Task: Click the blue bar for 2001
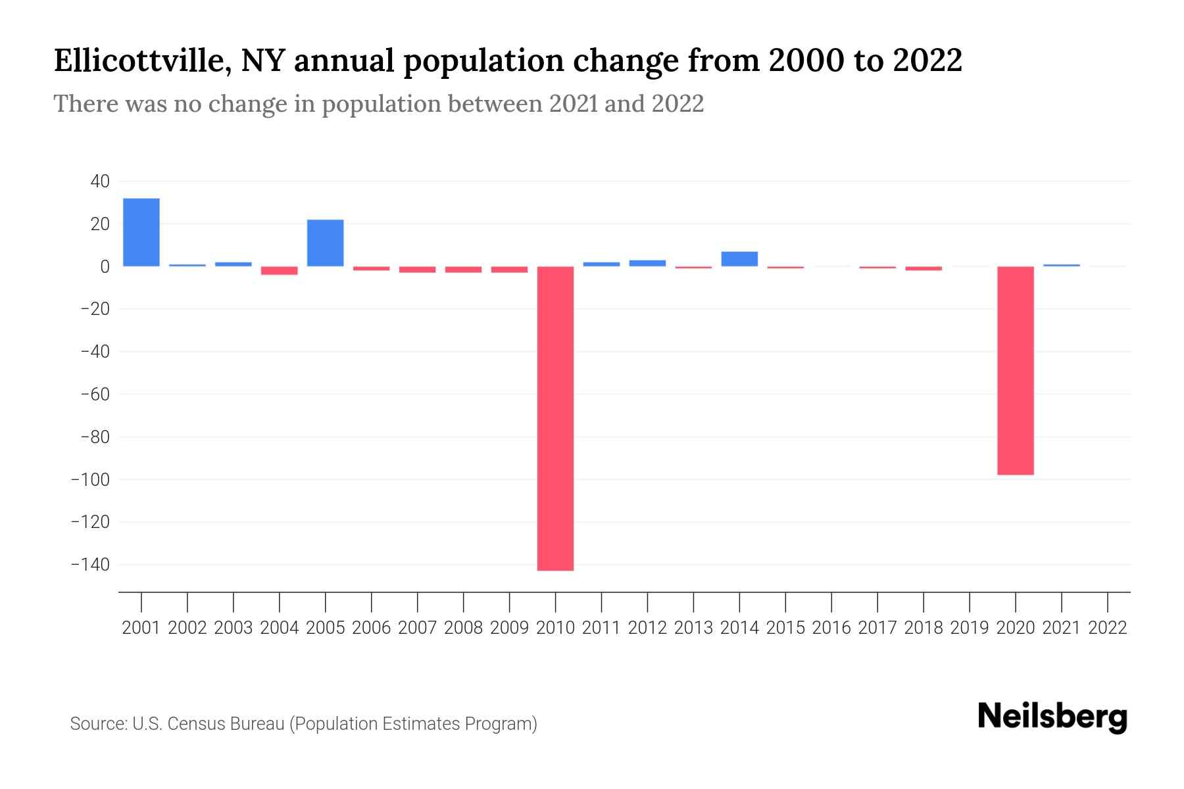[x=141, y=232]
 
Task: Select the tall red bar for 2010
[x=555, y=418]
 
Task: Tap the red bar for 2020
[x=1015, y=370]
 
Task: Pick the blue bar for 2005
[x=325, y=243]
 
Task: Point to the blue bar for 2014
[x=739, y=259]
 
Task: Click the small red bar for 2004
[x=279, y=270]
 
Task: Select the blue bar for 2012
[x=647, y=263]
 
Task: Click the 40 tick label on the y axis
[x=100, y=181]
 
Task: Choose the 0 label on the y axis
[x=105, y=266]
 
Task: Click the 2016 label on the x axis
[x=831, y=628]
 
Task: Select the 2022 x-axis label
[x=1108, y=628]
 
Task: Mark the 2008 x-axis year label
[x=463, y=628]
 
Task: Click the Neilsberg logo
[x=1052, y=717]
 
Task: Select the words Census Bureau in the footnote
[x=226, y=724]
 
